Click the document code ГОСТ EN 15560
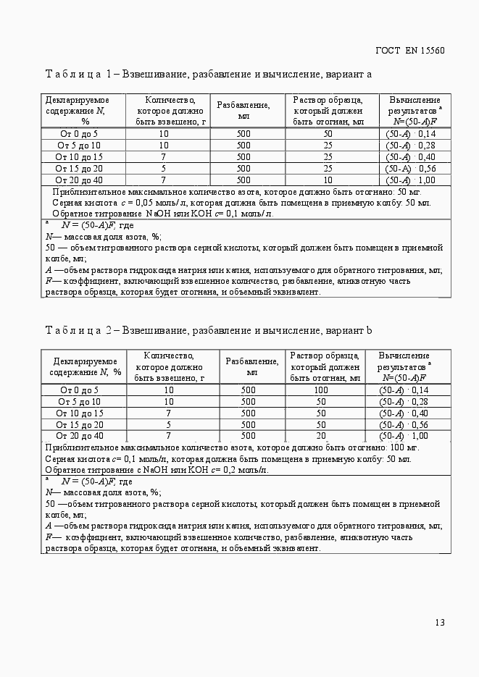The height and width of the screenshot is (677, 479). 409,51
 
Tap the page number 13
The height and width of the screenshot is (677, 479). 440,623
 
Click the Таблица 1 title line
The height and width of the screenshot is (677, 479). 209,74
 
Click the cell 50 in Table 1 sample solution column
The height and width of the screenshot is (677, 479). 328,134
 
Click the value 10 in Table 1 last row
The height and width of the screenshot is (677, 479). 328,180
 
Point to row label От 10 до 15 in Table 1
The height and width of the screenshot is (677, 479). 80,157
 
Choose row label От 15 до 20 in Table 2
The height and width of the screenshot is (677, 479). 80,424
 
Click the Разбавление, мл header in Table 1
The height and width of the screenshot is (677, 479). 243,111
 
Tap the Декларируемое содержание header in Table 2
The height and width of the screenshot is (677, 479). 84,366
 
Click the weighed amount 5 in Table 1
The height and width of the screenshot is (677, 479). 164,169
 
